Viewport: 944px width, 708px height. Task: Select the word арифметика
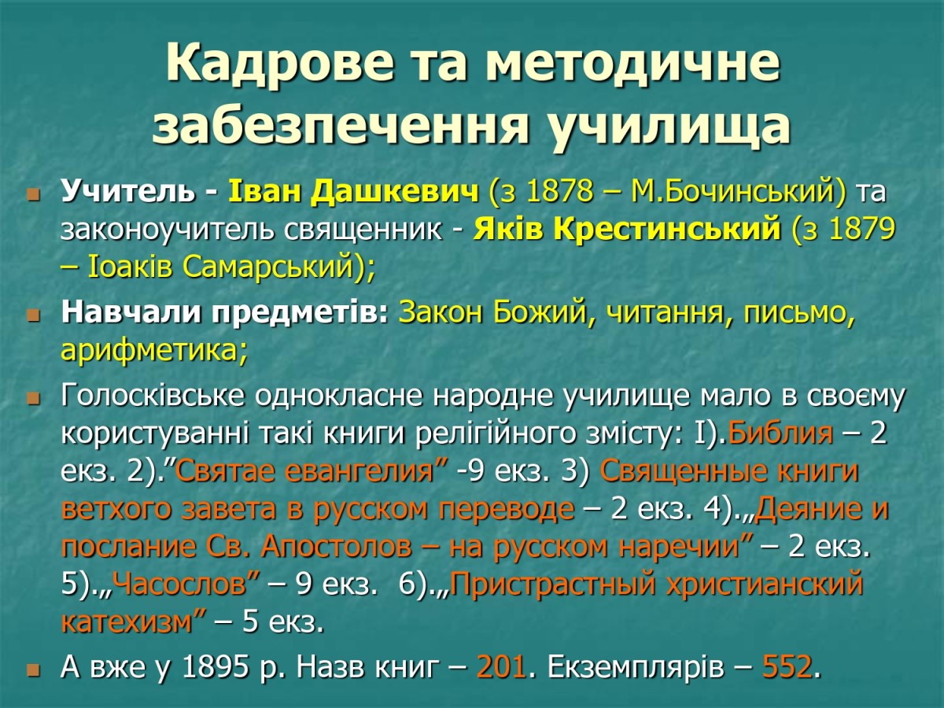(149, 351)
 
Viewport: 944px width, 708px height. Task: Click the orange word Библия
(780, 433)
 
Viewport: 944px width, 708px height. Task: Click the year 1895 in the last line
(216, 667)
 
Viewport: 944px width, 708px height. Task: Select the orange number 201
(501, 667)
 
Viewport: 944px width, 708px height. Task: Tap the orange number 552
(787, 667)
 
